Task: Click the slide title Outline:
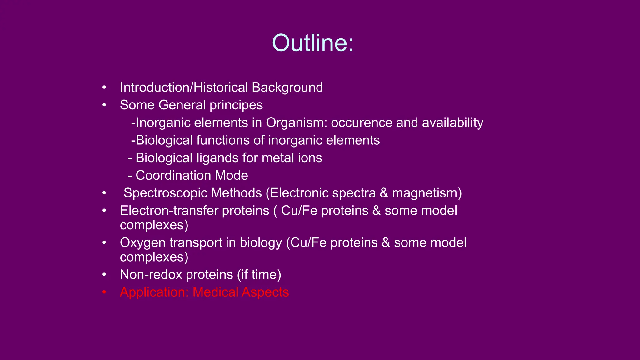coord(313,43)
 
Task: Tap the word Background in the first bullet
coord(287,87)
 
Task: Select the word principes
coord(236,105)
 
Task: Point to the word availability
coord(452,123)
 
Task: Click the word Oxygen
coord(142,243)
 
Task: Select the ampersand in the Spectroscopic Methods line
coord(384,193)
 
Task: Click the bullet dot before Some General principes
coord(104,105)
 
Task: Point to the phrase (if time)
coord(259,275)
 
